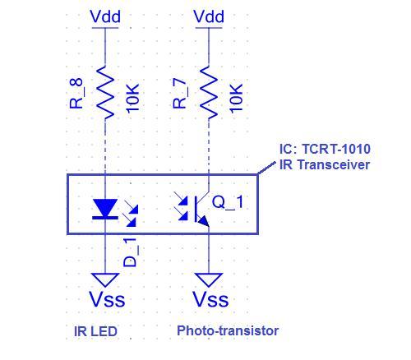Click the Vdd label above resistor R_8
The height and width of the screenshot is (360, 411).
click(x=105, y=16)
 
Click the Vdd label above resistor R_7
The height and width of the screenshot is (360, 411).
click(x=209, y=16)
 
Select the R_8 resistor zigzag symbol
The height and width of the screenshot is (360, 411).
click(x=105, y=93)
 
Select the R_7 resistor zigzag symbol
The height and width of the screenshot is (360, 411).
click(x=209, y=93)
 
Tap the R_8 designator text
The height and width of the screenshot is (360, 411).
click(x=76, y=94)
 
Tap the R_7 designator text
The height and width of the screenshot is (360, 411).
click(x=180, y=94)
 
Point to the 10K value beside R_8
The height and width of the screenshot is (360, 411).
click(x=132, y=98)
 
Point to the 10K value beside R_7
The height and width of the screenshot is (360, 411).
click(x=236, y=98)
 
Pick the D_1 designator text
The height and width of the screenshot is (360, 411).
click(x=130, y=252)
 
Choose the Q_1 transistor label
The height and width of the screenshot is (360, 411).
click(x=228, y=202)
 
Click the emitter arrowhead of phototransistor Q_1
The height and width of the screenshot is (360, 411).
click(x=203, y=221)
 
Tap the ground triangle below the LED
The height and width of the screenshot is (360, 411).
click(x=105, y=279)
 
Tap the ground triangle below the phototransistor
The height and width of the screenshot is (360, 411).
click(x=209, y=279)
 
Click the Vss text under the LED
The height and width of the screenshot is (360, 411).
click(x=107, y=299)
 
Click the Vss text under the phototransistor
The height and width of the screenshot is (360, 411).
click(x=210, y=299)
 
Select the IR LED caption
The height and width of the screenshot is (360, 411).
click(x=95, y=331)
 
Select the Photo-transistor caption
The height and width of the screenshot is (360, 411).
click(x=228, y=330)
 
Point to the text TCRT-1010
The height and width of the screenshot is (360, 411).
click(x=336, y=150)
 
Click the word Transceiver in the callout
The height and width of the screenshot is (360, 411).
click(x=334, y=164)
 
